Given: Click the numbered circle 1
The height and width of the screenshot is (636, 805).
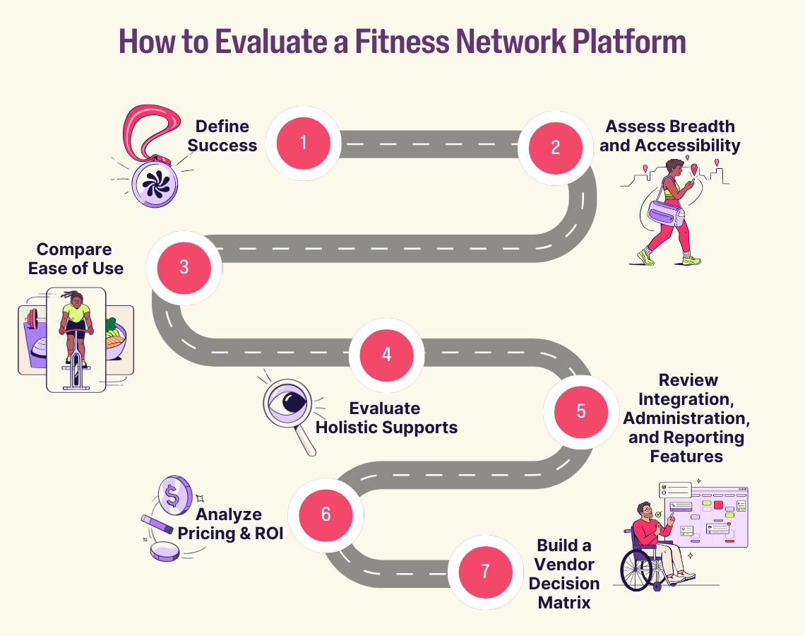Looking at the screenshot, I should point(303,143).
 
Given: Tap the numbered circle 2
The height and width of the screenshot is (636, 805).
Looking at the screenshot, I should point(555,148).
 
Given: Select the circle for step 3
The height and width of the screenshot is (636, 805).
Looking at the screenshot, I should point(184,268).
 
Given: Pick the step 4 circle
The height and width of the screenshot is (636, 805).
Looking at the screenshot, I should point(386,355).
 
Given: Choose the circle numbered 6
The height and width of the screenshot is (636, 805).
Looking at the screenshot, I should point(326,514).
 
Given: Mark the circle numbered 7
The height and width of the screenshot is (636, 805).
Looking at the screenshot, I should point(485,572).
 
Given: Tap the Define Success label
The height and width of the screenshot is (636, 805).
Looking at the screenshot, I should point(222,136).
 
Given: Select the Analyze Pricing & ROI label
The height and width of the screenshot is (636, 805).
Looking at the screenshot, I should point(230,524).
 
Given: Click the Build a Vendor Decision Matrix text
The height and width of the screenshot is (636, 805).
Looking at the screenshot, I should point(564,574).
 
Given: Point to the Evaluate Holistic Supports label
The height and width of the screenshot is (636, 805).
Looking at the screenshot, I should point(386,418).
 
